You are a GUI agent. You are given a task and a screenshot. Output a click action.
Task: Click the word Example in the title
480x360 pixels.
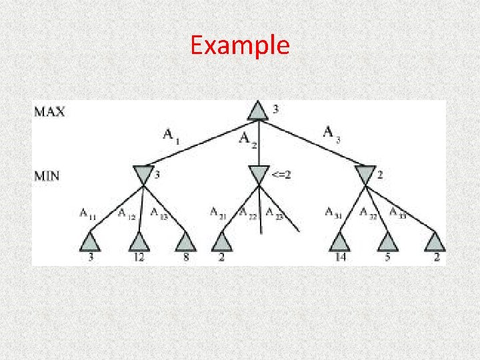coord(239,45)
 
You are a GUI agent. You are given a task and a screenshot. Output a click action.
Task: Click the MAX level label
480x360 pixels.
coord(50,111)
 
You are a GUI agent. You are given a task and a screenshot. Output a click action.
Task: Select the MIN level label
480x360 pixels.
coord(49,176)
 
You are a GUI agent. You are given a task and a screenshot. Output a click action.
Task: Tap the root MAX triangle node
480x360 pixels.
coord(258,111)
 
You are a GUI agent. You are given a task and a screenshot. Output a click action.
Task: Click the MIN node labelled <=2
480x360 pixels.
coord(258,175)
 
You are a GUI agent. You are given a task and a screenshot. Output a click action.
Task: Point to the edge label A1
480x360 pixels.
coord(171,135)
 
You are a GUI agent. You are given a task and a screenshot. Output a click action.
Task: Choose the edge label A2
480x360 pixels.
coord(247,139)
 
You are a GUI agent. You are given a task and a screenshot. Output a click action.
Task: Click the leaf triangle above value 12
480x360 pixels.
coord(138,242)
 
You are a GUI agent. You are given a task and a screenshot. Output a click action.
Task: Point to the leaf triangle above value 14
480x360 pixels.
coord(340,242)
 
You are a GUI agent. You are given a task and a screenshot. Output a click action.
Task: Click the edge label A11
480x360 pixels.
coord(87,213)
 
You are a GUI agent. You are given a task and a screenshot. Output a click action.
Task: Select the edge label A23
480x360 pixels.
coord(274,213)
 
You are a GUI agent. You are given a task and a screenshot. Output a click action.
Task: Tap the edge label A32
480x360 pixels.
coord(367,213)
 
